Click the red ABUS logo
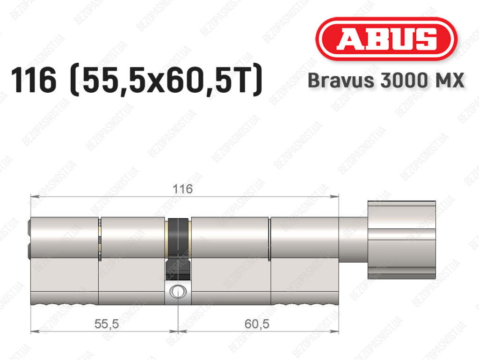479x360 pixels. [386, 39]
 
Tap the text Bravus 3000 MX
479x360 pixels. [386, 81]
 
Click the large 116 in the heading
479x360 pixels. [34, 81]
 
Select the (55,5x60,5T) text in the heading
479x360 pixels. [166, 81]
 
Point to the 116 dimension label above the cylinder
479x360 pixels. [183, 189]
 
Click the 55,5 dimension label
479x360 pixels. [106, 324]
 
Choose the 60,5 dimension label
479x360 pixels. [257, 324]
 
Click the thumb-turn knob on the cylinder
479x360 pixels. [402, 240]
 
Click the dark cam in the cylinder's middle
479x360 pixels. [178, 249]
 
